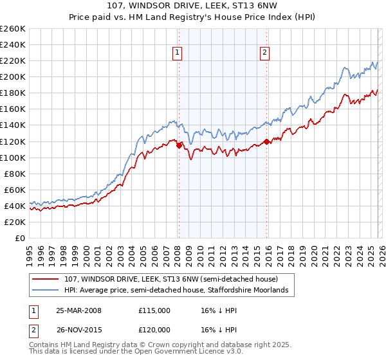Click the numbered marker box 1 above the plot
click(x=177, y=53)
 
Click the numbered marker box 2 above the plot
click(x=264, y=53)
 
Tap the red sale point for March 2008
click(x=179, y=145)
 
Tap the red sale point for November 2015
click(x=267, y=141)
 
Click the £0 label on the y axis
click(x=19, y=238)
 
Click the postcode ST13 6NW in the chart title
click(x=247, y=6)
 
